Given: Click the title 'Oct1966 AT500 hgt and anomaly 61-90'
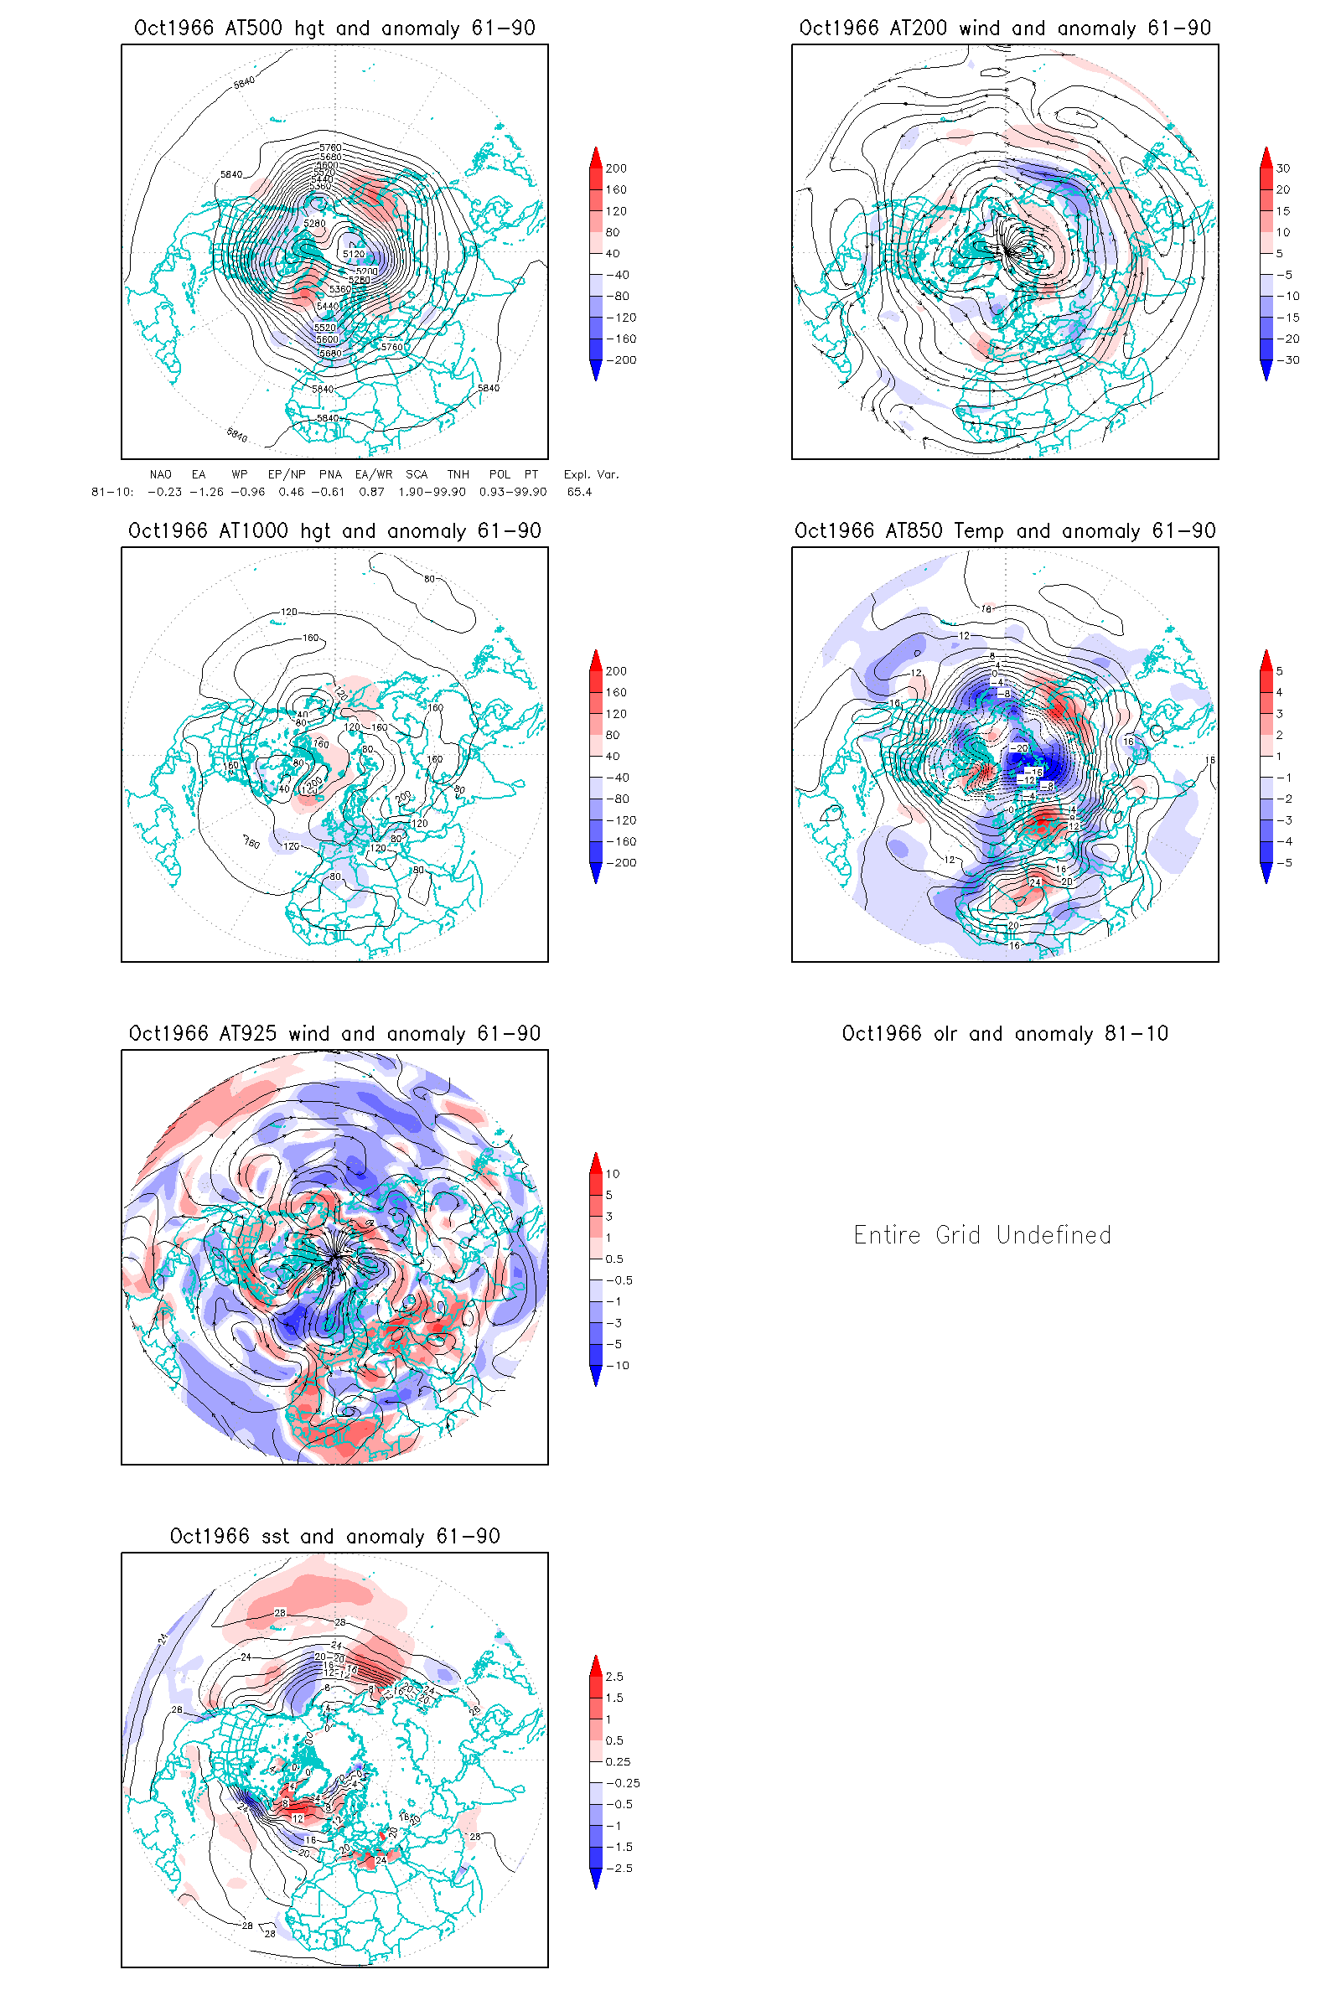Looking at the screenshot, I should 334,28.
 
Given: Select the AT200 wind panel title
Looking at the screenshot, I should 1005,28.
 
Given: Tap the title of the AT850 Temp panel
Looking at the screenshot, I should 1005,531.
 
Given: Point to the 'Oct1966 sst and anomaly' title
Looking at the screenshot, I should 334,1537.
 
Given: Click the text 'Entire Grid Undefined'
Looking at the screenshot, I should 981,1235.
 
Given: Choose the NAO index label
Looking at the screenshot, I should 160,474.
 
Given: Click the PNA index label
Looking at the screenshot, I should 330,474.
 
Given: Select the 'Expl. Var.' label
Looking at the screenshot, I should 591,474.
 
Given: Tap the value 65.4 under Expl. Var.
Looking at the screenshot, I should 579,492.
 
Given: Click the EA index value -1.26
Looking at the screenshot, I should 207,492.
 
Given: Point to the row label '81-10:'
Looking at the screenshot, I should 112,492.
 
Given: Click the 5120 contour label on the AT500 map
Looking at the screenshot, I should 353,253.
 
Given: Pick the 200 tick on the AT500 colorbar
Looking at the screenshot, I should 616,168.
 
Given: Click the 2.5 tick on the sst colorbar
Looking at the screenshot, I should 614,1677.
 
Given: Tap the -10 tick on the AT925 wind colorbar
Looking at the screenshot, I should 618,1366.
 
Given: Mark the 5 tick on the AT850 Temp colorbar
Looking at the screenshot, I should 1280,671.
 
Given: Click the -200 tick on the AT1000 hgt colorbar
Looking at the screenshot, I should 621,863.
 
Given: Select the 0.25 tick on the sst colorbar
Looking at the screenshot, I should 618,1761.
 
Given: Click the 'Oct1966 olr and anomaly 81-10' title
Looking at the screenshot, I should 1005,1034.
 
